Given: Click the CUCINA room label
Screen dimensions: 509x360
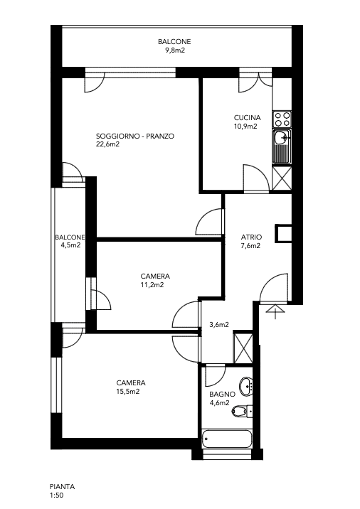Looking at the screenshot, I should click(x=247, y=118).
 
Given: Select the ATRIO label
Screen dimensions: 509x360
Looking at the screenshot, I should click(x=250, y=237).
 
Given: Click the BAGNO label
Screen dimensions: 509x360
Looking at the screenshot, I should click(x=219, y=394).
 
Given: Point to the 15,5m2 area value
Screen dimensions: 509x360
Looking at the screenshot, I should click(x=128, y=391).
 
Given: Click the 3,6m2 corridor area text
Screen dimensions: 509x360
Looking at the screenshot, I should click(x=218, y=326).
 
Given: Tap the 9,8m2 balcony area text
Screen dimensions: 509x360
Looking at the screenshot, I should click(x=174, y=50).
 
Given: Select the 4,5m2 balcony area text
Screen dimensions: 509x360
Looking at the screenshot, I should click(x=70, y=246).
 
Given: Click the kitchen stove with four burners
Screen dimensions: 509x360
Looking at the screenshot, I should click(x=282, y=118).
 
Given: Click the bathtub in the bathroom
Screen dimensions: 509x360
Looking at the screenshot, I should click(x=227, y=440).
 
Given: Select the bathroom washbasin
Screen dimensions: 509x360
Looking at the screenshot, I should click(x=246, y=386).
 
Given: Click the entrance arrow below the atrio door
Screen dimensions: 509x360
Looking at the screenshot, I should click(x=273, y=309).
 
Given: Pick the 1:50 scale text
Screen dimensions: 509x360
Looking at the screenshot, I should click(x=57, y=495).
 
